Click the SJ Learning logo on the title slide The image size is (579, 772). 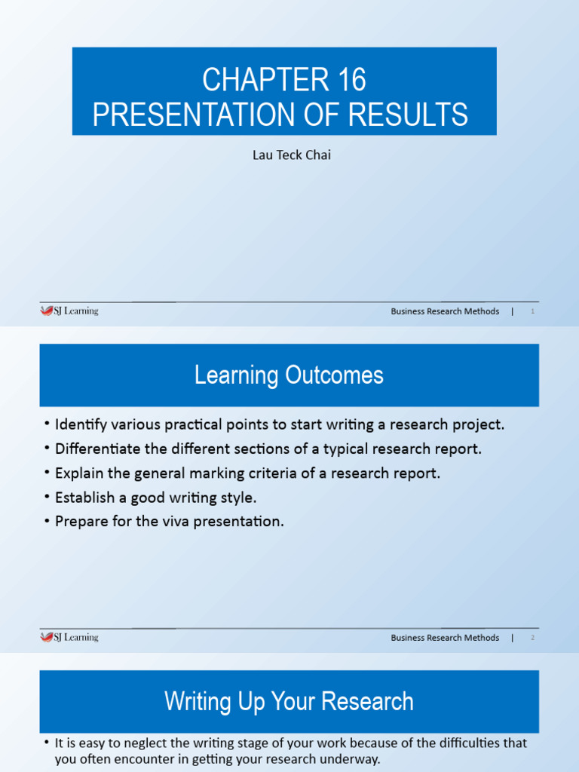click(x=69, y=311)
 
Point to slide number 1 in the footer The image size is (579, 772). click(x=532, y=311)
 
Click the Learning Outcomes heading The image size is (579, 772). click(x=289, y=375)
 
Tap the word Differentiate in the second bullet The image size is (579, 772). click(x=96, y=449)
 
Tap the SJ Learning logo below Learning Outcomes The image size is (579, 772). click(x=69, y=637)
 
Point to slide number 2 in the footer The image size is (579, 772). click(x=532, y=638)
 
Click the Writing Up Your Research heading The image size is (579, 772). click(x=289, y=701)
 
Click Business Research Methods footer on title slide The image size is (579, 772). click(x=445, y=311)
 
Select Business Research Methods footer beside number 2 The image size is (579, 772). click(x=445, y=638)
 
